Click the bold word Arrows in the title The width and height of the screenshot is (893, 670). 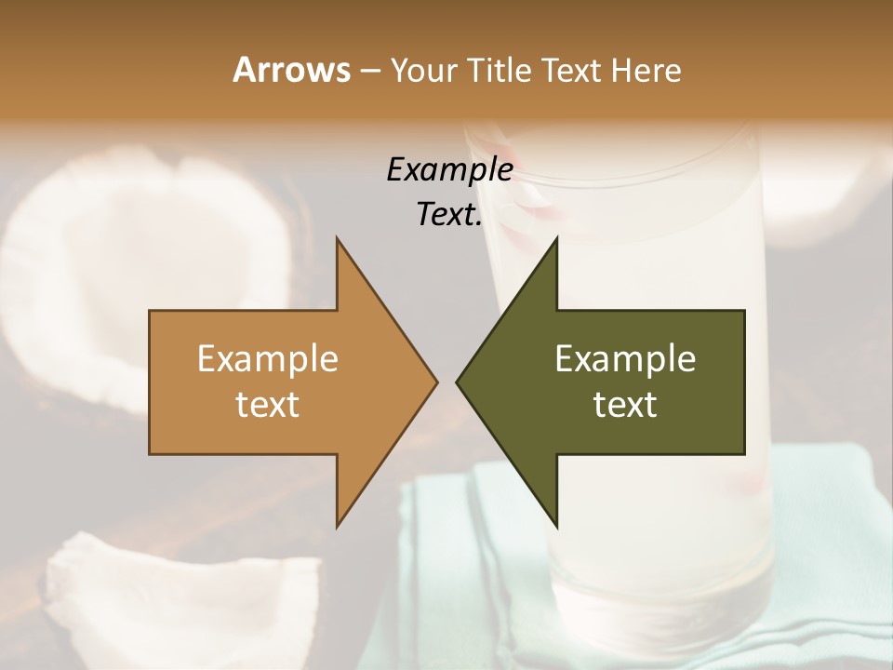[291, 70]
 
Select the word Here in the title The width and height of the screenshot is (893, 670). [646, 70]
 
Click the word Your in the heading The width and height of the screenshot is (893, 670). [424, 70]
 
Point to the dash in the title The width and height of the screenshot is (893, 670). [369, 71]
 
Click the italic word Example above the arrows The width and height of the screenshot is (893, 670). [449, 170]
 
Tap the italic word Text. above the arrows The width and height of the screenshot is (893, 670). [449, 215]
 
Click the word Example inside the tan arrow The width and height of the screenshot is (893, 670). [268, 358]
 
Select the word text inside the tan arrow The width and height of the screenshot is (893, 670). [268, 405]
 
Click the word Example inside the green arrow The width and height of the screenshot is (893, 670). [625, 358]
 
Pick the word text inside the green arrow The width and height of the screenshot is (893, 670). [625, 405]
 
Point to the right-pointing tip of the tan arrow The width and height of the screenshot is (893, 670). [435, 382]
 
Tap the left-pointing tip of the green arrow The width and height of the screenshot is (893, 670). [458, 382]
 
